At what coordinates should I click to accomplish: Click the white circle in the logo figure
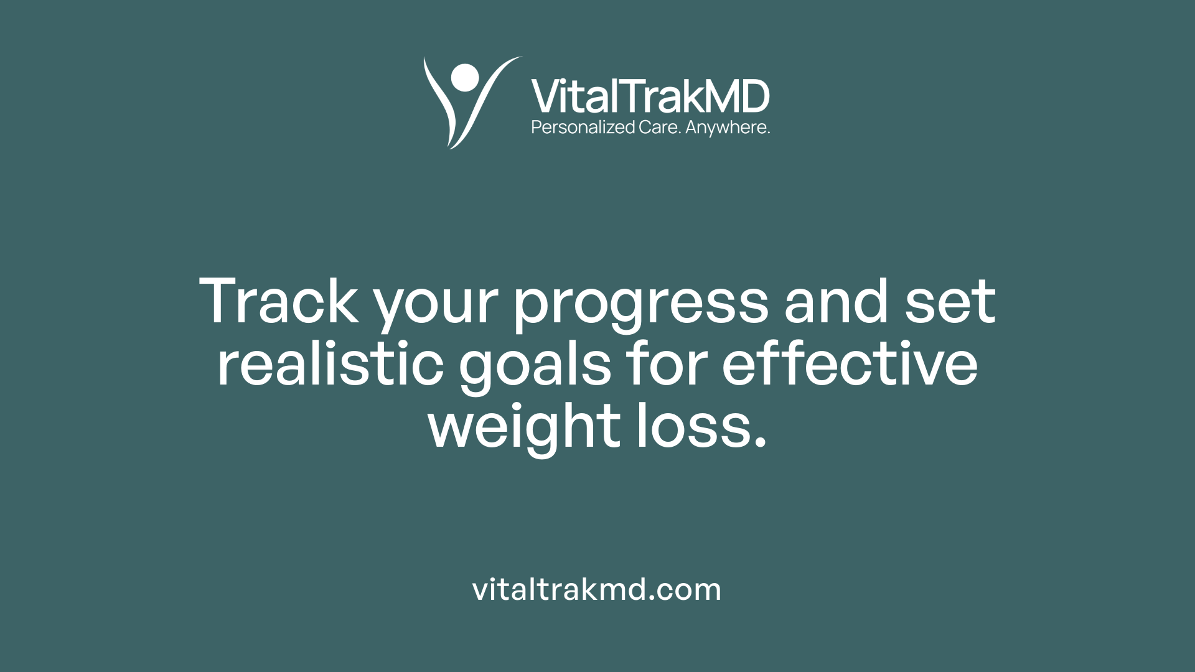tap(465, 77)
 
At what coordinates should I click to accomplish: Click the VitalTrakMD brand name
tap(650, 96)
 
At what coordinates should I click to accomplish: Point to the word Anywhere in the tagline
tap(727, 128)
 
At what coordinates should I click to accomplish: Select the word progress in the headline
tap(641, 305)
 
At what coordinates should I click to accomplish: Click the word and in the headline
tap(836, 302)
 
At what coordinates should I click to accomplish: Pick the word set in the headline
tap(950, 302)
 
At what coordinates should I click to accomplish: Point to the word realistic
tap(330, 364)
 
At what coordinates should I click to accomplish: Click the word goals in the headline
tap(535, 367)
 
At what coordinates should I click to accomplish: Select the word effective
tap(850, 364)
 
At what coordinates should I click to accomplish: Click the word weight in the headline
tap(524, 428)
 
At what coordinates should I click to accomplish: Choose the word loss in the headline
tap(691, 426)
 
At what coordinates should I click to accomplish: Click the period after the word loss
tap(759, 442)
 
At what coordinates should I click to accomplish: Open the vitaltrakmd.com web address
tap(597, 589)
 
